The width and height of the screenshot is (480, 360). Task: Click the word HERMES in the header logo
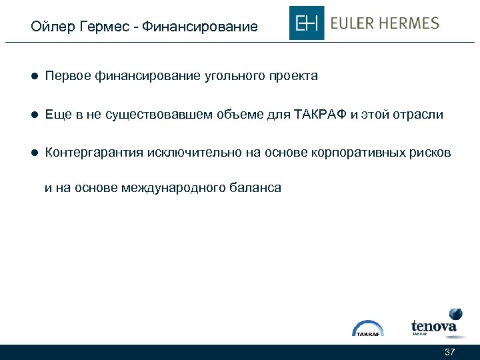(411, 23)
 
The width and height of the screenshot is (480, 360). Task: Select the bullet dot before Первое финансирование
(33, 77)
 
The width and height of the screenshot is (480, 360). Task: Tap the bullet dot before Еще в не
(33, 115)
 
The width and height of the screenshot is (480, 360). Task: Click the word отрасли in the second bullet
(418, 115)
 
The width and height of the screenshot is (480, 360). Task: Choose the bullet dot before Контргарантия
(33, 153)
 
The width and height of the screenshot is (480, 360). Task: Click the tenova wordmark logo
(433, 327)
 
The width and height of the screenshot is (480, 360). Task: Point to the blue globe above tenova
(456, 314)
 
